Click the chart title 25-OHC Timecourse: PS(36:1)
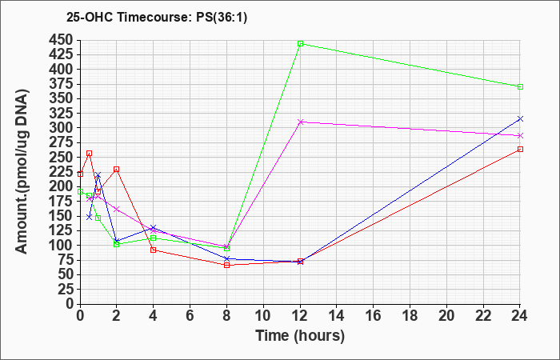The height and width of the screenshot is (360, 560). [x=157, y=18]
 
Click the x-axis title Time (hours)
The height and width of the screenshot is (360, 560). [x=300, y=336]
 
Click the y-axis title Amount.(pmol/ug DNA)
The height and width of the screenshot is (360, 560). [x=22, y=171]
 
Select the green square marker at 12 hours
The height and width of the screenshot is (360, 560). [x=300, y=43]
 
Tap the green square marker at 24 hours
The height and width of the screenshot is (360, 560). [x=520, y=86]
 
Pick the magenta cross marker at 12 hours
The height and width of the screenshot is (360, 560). [x=300, y=122]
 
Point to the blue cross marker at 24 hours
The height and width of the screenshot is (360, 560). [x=520, y=118]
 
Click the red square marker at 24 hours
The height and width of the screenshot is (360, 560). [x=520, y=149]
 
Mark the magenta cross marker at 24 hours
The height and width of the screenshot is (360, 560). [x=520, y=136]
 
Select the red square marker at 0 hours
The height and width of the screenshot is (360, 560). [x=80, y=174]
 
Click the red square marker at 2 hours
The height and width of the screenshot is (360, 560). [x=117, y=170]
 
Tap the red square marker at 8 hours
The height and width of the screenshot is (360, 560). [x=226, y=265]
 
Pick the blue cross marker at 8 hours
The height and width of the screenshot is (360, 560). [x=226, y=258]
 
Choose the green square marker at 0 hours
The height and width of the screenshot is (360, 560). [x=80, y=191]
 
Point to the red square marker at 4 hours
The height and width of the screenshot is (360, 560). [x=154, y=250]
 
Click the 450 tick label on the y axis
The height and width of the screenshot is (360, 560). [x=61, y=40]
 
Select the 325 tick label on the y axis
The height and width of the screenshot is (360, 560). [x=61, y=114]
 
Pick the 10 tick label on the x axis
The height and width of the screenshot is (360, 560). [x=263, y=316]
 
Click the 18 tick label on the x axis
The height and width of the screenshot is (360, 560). [x=410, y=316]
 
